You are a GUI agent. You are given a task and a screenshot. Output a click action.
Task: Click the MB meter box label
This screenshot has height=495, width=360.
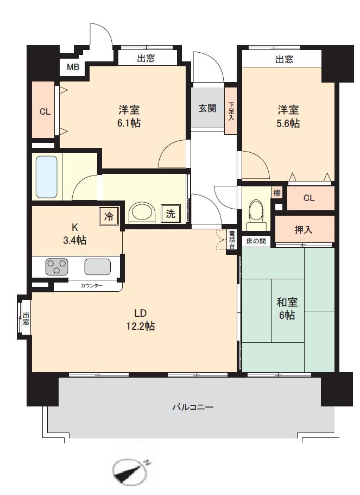coord(73,67)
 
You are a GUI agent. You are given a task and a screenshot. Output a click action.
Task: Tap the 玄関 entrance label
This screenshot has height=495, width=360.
coord(207,108)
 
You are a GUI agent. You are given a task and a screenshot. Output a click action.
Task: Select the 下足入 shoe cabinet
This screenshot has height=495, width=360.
coord(231,110)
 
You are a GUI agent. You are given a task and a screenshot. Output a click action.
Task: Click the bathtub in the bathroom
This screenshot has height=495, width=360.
coord(47,177)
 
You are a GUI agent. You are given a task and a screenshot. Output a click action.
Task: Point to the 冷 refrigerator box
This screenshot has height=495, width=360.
coord(109,216)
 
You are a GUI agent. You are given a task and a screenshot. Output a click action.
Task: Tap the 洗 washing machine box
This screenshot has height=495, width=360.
coord(170,214)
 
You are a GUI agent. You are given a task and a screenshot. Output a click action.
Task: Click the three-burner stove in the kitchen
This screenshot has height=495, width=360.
coord(57,266)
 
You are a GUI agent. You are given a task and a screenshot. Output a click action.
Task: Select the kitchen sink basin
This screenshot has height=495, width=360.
coord(98,267)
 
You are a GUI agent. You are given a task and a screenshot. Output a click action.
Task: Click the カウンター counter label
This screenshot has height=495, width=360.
coord(92,286)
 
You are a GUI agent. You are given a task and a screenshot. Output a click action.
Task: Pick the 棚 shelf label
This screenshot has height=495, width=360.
coord(277,192)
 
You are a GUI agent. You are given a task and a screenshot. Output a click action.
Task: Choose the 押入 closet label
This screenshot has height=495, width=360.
coord(304,229)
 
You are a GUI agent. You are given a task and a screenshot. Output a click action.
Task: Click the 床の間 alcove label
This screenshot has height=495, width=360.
coord(256,241)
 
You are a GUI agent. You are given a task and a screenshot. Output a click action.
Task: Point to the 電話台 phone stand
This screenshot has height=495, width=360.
coord(232,240)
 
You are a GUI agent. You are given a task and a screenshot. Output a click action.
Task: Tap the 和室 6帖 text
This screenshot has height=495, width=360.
coord(287,309)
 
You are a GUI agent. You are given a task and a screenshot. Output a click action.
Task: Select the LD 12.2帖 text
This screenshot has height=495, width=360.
coord(141,319)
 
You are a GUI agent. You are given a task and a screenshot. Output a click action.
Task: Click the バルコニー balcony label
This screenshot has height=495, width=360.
coord(193,407)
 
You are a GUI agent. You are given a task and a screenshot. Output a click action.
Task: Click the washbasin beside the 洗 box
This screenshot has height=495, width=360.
coord(143,214)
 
